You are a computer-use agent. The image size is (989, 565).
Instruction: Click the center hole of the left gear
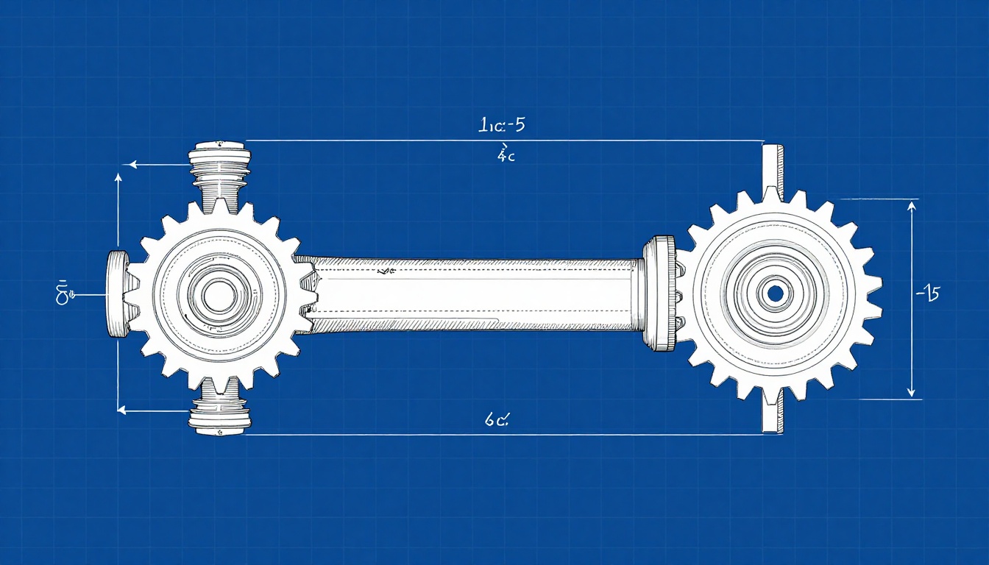pos(219,296)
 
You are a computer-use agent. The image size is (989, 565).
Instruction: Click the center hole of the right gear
pos(774,294)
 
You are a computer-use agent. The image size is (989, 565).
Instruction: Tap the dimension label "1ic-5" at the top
pos(501,125)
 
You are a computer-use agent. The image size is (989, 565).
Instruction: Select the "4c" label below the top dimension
pos(506,154)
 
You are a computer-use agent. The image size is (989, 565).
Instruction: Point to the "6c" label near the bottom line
pos(498,420)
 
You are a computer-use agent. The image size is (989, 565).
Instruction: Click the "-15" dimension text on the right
pos(927,295)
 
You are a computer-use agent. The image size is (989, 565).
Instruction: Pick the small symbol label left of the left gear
pos(64,293)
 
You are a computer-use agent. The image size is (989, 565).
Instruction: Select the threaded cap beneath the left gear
pos(220,419)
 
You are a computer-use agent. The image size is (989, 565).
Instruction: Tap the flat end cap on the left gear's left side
pos(117,294)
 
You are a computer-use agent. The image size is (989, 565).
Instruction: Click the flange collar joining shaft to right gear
pos(659,294)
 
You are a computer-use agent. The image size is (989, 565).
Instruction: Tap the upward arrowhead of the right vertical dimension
pos(912,207)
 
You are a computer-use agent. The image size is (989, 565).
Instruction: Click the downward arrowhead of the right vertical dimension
pos(912,391)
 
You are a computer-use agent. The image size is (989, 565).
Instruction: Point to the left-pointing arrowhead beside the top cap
pos(133,166)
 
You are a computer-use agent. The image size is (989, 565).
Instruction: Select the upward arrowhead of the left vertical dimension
pos(118,178)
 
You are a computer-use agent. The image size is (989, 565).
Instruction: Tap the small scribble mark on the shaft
pos(381,272)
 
